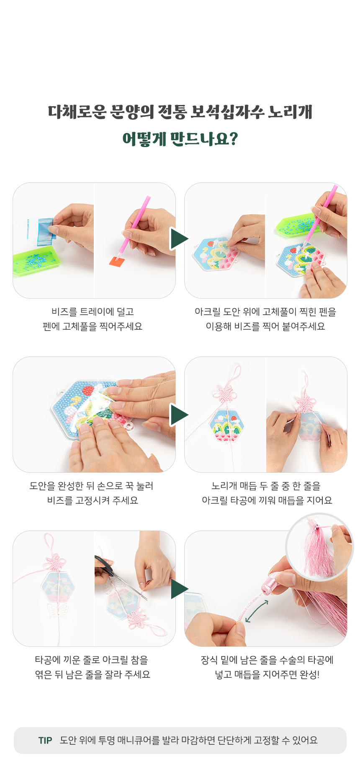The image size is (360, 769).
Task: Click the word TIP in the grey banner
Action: coord(45,741)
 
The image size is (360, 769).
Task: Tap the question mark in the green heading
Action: coord(234,138)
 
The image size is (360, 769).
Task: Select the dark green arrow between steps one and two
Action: coord(180,239)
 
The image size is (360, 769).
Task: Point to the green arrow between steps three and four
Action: coord(180,415)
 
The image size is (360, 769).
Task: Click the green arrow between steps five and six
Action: coord(180,589)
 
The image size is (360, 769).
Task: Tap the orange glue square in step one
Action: coord(117,261)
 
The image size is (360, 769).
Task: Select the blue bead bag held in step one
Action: coord(44,231)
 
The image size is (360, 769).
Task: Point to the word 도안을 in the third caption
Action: coord(42,486)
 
